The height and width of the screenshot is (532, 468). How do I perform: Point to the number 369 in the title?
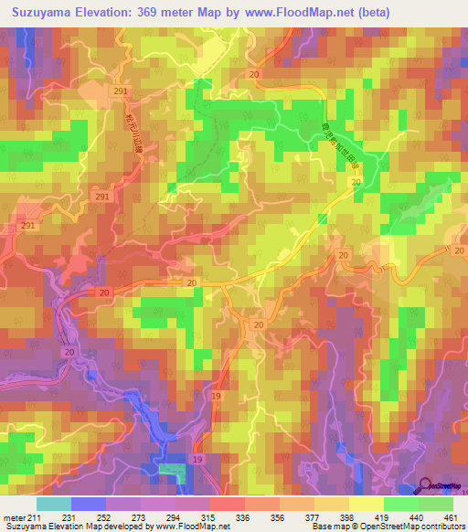(148, 13)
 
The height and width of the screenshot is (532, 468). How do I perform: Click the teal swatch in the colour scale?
(53, 504)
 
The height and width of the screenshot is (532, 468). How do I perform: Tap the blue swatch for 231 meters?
(88, 504)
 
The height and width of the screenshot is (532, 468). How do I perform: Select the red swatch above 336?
(228, 504)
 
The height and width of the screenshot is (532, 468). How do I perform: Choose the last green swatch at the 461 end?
(436, 504)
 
